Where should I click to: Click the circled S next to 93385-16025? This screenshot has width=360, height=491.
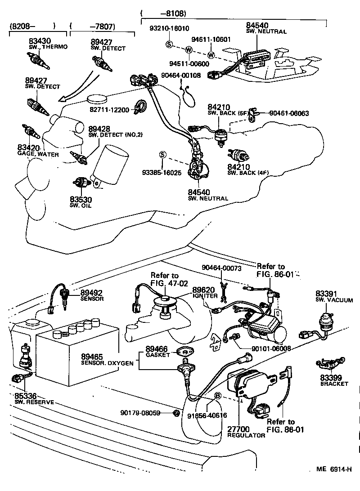pyautogui.click(x=163, y=155)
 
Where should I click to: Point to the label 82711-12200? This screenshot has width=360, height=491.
pyautogui.click(x=108, y=110)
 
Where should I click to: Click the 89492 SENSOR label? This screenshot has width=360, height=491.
pyautogui.click(x=92, y=295)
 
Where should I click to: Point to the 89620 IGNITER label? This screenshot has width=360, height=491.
pyautogui.click(x=205, y=293)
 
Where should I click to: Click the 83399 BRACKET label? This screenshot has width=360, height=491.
pyautogui.click(x=334, y=380)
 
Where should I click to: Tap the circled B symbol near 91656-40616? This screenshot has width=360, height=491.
pyautogui.click(x=217, y=396)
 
